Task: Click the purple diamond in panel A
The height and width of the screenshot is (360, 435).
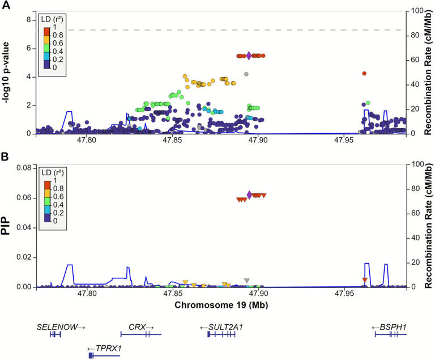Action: (249, 56)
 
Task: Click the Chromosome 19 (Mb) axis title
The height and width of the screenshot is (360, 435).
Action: (221, 306)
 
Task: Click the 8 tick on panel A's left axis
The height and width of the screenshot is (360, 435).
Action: (27, 20)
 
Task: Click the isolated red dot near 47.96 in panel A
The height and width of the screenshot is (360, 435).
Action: (364, 73)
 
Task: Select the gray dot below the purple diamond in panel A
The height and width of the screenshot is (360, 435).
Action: (246, 74)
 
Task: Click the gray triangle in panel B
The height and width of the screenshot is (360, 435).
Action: (246, 281)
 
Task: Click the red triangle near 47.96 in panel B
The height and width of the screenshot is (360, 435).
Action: (365, 281)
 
